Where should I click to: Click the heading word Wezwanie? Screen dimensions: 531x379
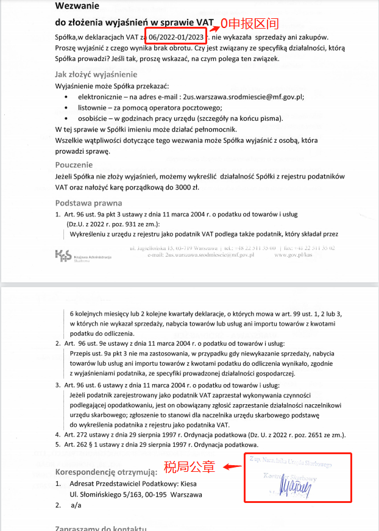[x=76, y=7]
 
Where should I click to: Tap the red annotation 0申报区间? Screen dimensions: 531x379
[x=249, y=24]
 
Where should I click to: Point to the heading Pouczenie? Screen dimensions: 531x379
[x=74, y=165]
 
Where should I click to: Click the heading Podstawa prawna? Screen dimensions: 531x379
[x=88, y=203]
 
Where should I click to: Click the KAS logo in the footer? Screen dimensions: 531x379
[x=63, y=255]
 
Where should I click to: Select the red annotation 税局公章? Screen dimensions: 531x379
[x=189, y=468]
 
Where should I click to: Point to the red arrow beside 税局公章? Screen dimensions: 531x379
[x=229, y=468]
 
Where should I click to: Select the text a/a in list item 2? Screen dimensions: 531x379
[x=76, y=505]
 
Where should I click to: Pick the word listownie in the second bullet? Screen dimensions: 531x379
[x=93, y=107]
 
